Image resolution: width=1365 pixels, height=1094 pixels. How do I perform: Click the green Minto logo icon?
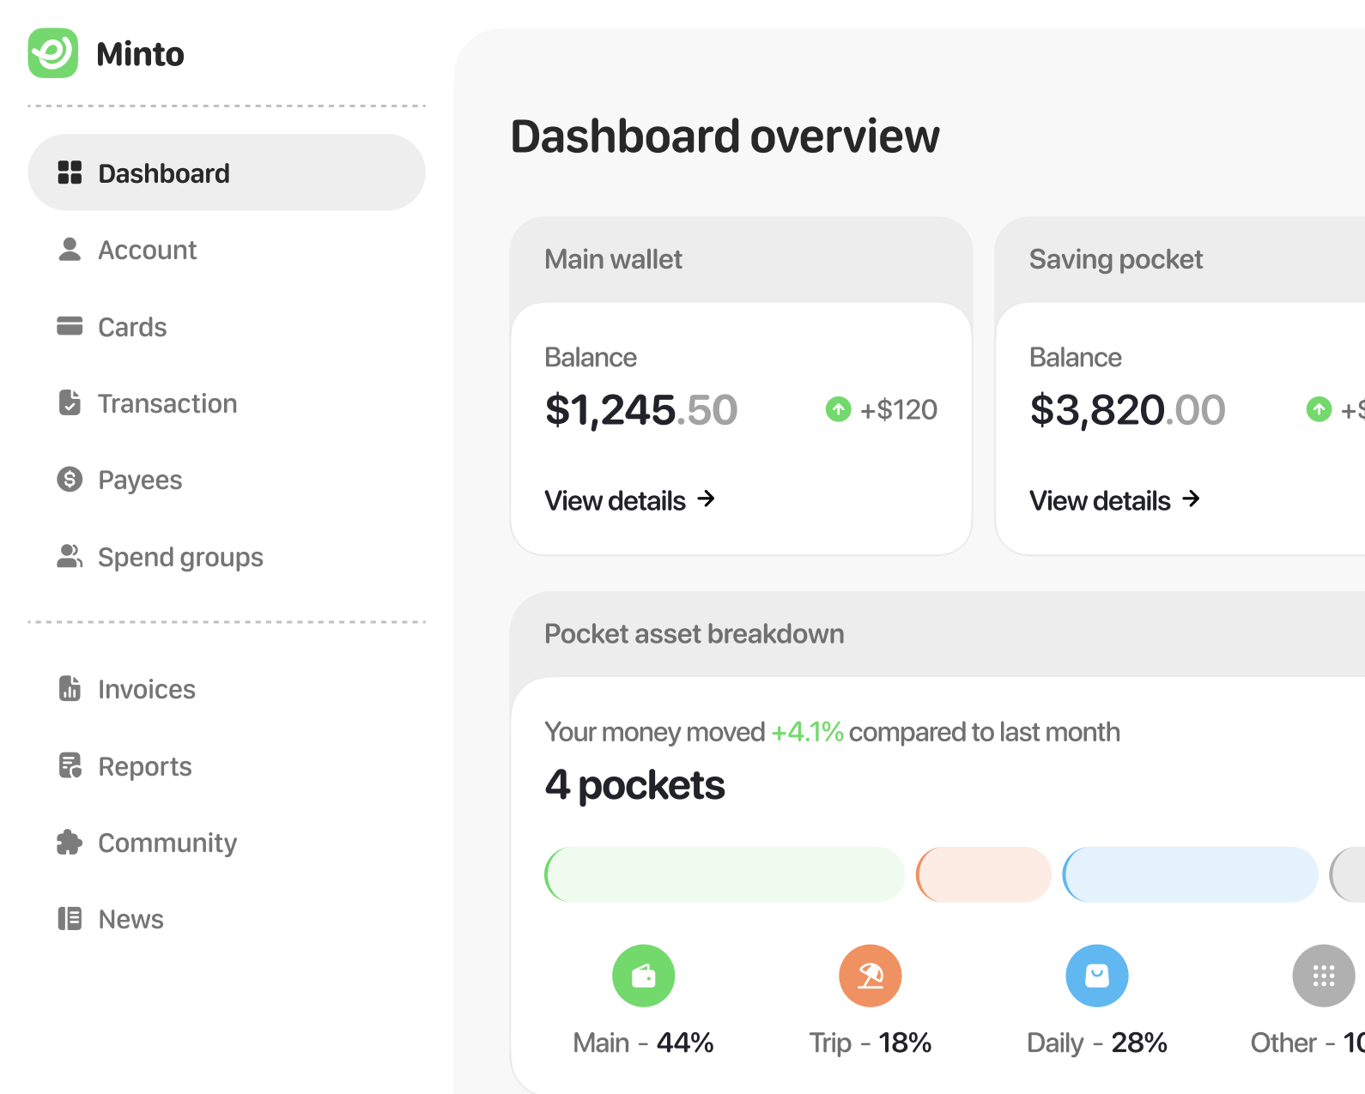pos(52,52)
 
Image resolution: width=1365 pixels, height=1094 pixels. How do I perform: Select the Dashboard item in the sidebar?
pos(227,172)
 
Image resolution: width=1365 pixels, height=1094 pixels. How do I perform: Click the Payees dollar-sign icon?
pos(70,480)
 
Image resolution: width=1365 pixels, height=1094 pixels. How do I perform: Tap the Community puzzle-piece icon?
pos(70,843)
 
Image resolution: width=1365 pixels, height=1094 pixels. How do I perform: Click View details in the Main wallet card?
pos(630,500)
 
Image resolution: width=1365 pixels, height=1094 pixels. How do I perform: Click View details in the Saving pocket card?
pos(1114,500)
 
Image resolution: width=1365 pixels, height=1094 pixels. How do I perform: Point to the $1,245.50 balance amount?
pos(641,409)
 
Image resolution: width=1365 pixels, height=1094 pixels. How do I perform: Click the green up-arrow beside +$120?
pos(838,409)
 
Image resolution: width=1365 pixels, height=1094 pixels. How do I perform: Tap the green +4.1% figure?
pos(807,732)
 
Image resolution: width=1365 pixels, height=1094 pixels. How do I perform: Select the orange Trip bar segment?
pos(983,874)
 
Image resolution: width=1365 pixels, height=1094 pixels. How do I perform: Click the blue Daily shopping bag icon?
pos(1096,976)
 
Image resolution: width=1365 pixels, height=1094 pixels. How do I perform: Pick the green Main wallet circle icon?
pos(643,976)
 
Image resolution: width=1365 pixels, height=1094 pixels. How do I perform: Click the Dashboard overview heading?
pos(725,136)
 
